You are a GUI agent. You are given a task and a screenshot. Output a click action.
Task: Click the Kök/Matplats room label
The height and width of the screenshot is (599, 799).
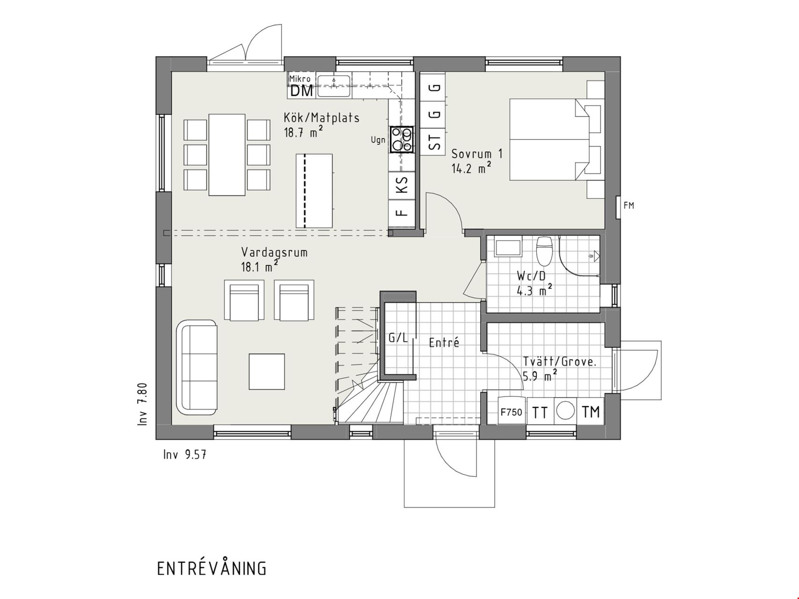point(322,117)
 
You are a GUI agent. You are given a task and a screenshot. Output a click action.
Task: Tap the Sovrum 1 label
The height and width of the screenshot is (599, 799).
point(476,153)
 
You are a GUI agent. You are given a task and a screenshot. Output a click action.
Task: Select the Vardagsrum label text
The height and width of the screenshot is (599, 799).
point(274,252)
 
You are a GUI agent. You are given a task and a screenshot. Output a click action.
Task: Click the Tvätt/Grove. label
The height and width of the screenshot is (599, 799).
point(560,361)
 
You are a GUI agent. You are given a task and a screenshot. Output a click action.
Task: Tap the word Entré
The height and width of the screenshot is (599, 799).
point(444,343)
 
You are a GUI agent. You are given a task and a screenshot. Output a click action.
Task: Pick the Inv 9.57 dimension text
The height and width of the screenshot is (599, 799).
point(185,454)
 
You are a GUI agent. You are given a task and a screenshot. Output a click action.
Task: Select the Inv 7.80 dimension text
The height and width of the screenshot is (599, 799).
point(143,404)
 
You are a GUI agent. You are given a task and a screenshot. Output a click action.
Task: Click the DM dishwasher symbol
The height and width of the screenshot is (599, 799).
point(301,91)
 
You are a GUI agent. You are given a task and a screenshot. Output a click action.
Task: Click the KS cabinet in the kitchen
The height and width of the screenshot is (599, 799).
point(402,184)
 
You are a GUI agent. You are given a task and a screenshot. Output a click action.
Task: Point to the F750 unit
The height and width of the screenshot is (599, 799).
point(511,412)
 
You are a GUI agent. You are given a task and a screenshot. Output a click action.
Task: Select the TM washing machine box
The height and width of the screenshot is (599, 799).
point(591,412)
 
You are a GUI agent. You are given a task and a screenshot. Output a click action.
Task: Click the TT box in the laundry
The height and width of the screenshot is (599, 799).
point(540,412)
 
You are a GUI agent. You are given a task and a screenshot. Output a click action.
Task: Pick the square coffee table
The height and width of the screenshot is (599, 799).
point(267,372)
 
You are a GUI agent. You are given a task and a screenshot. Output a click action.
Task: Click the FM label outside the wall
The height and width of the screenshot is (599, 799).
point(629,205)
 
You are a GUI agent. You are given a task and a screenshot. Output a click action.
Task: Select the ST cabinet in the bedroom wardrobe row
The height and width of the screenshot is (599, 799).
point(435,141)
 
